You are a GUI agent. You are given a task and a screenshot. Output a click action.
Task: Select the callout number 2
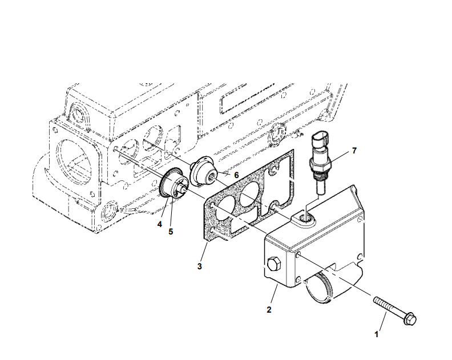(x=269, y=310)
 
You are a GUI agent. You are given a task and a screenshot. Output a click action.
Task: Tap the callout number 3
(x=199, y=266)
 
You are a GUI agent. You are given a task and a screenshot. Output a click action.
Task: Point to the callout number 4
(x=160, y=224)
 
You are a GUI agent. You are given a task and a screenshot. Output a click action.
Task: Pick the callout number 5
(x=171, y=231)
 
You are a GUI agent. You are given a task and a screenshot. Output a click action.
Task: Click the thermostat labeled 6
(x=202, y=172)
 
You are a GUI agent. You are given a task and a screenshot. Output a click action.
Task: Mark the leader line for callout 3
(x=204, y=252)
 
